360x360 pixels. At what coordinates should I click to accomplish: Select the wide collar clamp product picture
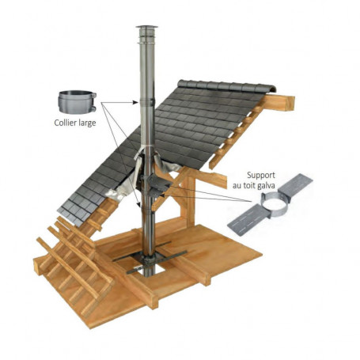click(x=77, y=101)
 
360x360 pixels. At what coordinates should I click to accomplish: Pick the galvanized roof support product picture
click(x=268, y=207)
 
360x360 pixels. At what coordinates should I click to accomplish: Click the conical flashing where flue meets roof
click(x=147, y=162)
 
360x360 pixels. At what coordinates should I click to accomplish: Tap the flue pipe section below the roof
click(x=147, y=225)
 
